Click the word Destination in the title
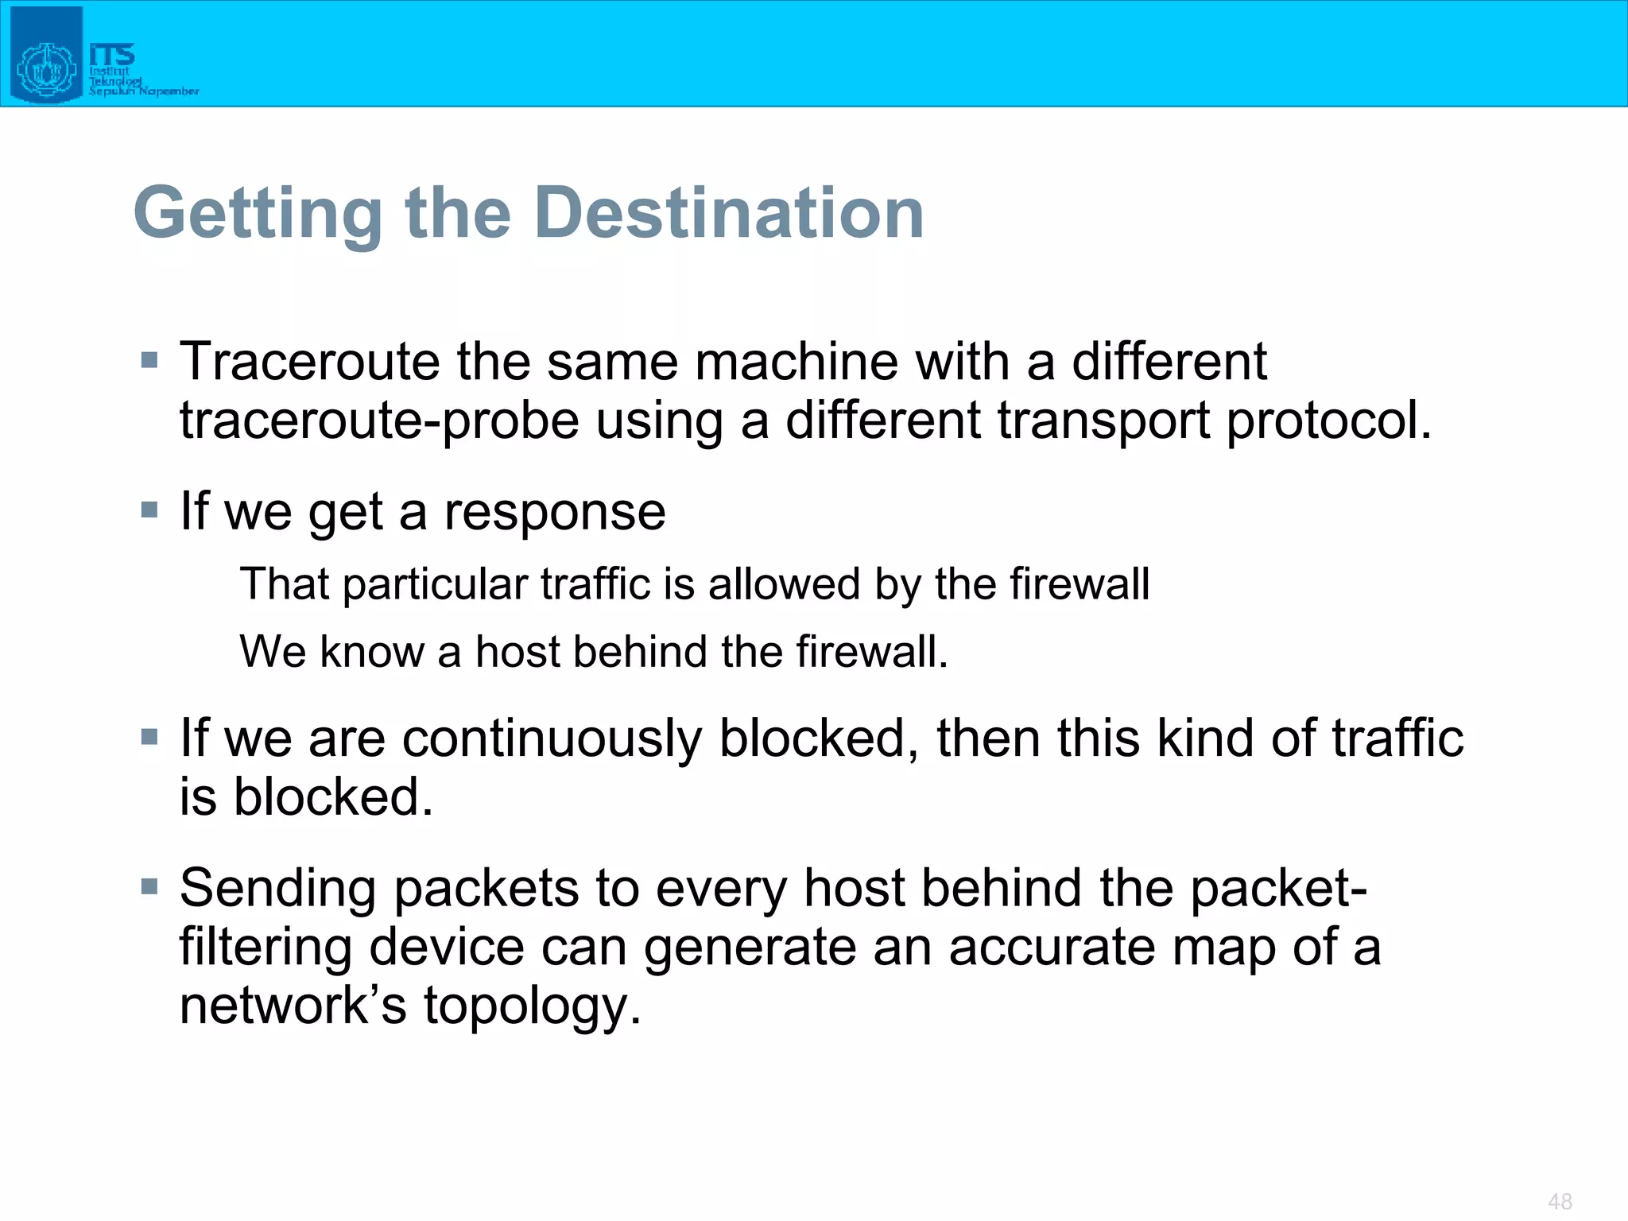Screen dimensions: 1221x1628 729,213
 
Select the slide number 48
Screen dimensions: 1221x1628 1560,1201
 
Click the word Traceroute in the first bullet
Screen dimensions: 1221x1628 309,362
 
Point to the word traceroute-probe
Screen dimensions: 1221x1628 379,421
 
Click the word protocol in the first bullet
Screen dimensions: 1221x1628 1328,421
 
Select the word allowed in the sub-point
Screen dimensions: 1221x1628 784,584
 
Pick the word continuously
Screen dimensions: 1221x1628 552,738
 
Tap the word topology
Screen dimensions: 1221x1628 531,1006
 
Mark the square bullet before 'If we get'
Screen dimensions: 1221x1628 149,509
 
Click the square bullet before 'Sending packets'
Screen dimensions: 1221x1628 149,886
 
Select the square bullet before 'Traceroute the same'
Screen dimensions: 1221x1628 149,360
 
